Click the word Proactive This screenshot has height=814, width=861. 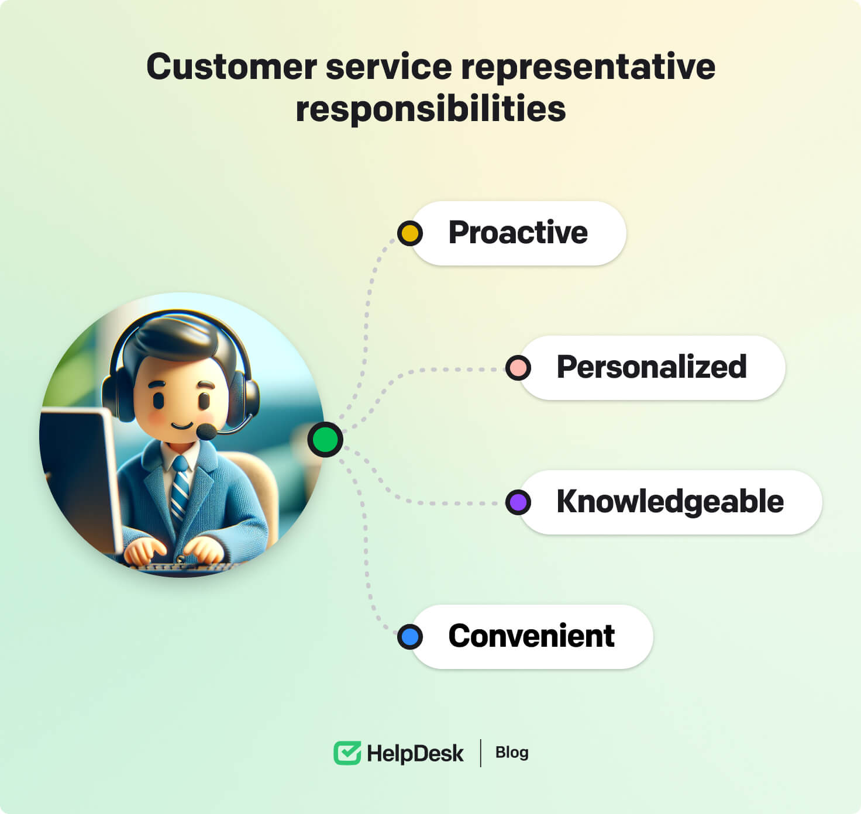(518, 233)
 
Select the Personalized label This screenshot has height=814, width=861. (651, 367)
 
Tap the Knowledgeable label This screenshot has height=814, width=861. (670, 502)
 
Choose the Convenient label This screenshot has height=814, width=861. (531, 636)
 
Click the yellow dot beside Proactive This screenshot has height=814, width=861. (410, 233)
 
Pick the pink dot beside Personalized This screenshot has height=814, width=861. (518, 368)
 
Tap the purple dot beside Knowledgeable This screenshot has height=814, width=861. (518, 502)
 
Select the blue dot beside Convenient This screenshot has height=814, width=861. (410, 637)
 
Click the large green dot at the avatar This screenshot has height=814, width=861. (325, 440)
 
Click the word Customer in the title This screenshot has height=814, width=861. (231, 67)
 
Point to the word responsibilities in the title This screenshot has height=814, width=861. (430, 109)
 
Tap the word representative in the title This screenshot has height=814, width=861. (588, 67)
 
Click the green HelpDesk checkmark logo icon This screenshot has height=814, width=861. (347, 753)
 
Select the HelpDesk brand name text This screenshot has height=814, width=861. (415, 753)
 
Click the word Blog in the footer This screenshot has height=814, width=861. (512, 753)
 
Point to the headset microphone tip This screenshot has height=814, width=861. (205, 432)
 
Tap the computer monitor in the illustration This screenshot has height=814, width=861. (79, 474)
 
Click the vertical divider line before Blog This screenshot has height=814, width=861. (481, 753)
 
